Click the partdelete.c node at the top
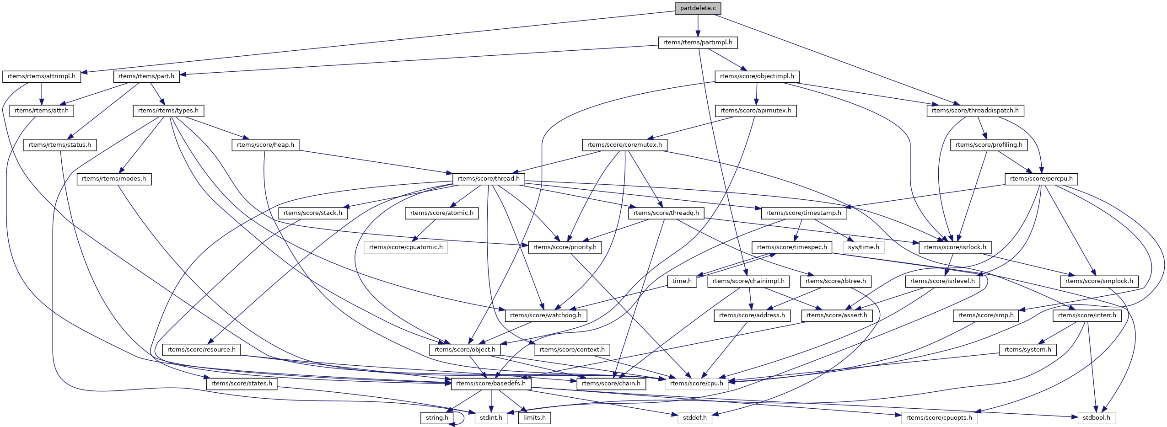(x=698, y=8)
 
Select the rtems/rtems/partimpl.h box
(x=698, y=43)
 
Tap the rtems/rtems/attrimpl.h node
(x=42, y=76)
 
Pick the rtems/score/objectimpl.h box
(x=757, y=76)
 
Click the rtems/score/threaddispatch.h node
(x=975, y=111)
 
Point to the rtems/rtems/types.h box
(x=168, y=111)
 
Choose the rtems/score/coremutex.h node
(x=624, y=145)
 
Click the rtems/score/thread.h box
(x=489, y=179)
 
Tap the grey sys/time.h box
(x=863, y=247)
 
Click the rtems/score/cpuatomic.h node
(x=406, y=247)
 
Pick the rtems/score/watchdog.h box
(x=545, y=315)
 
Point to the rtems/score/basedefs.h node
(x=491, y=384)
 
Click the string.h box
(x=437, y=418)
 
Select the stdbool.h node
(x=1096, y=418)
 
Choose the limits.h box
(x=534, y=418)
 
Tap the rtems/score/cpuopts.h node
(x=939, y=418)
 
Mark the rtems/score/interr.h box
(x=1087, y=315)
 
